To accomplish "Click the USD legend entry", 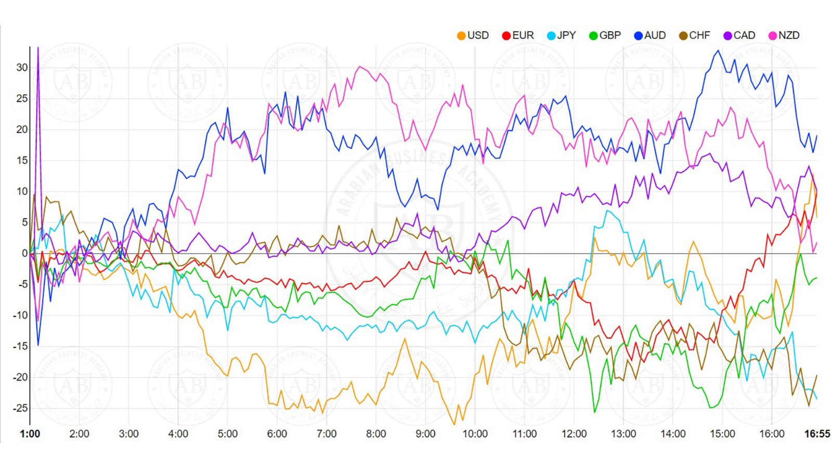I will click(x=473, y=35).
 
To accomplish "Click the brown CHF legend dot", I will click(x=683, y=36).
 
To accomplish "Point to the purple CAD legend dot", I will click(x=728, y=36).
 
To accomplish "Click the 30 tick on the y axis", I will click(x=22, y=68).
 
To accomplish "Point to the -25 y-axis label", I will click(x=20, y=408).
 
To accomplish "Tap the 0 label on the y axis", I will click(x=24, y=253).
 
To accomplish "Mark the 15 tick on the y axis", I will click(x=22, y=161).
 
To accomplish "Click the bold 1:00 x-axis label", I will click(x=30, y=434).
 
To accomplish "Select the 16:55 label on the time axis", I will click(x=817, y=434).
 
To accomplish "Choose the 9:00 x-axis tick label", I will click(x=425, y=434).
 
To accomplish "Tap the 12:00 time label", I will click(x=574, y=434).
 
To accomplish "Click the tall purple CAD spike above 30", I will click(x=38, y=49).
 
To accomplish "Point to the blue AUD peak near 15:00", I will click(x=718, y=50).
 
